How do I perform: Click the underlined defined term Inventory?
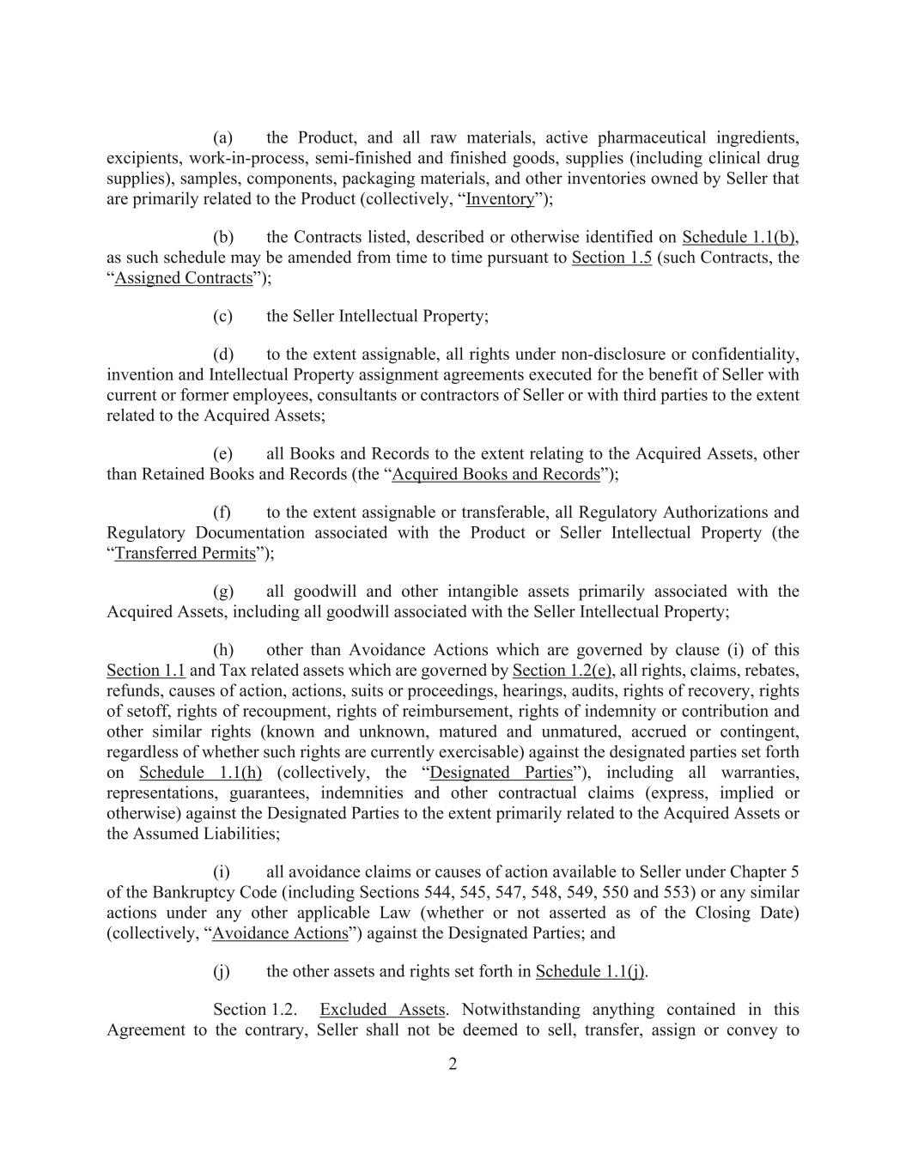click(500, 199)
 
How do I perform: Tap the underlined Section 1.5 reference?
click(611, 258)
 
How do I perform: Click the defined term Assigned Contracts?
click(184, 278)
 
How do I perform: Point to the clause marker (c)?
click(222, 316)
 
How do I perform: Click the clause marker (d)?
click(222, 355)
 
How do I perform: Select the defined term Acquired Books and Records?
click(496, 474)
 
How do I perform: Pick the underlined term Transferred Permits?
click(185, 553)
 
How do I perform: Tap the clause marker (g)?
click(222, 592)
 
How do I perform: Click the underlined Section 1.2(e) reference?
click(562, 671)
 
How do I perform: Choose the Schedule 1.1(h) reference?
click(200, 773)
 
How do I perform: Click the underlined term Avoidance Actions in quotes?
click(280, 933)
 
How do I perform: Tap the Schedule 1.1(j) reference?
click(591, 972)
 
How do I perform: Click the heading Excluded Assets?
click(382, 1010)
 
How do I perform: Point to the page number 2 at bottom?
click(453, 1065)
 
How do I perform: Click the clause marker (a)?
click(222, 138)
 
